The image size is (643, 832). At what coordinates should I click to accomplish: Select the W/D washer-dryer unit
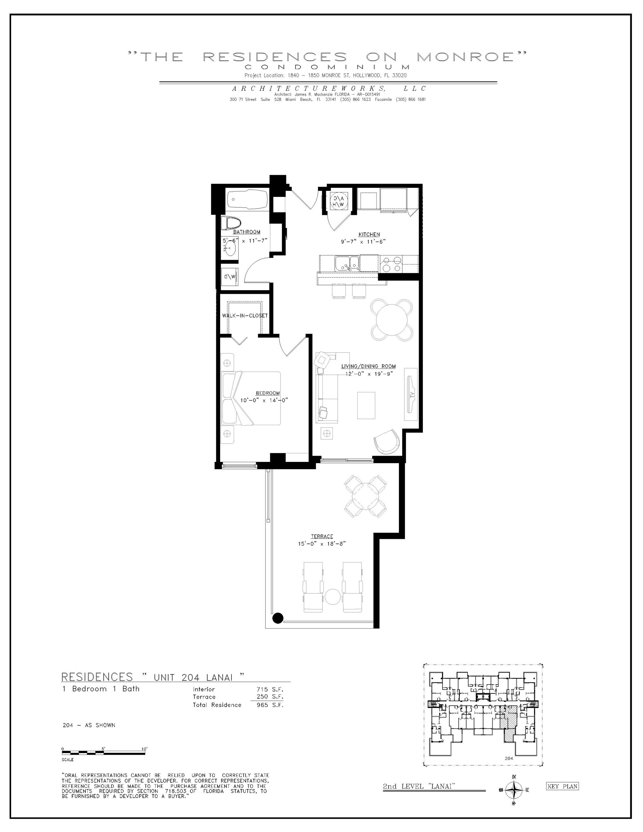(230, 276)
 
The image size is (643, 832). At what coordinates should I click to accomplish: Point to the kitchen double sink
(347, 263)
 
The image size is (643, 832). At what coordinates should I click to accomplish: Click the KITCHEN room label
(369, 234)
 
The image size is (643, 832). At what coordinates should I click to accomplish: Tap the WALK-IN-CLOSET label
(245, 316)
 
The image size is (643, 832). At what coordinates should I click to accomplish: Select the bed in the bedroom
(251, 398)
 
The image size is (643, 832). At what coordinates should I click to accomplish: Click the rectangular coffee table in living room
(366, 405)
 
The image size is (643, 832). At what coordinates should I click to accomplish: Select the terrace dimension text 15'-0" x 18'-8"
(322, 544)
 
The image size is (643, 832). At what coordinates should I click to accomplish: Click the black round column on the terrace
(278, 618)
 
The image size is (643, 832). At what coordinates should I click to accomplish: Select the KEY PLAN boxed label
(562, 786)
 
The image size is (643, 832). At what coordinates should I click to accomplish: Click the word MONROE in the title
(466, 57)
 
